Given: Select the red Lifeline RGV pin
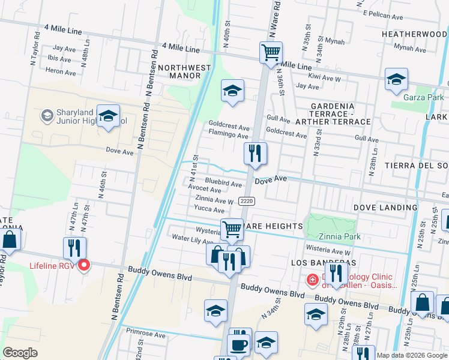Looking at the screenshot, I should point(84,265).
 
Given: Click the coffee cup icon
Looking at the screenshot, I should point(238,346).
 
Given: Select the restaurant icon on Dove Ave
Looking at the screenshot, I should point(256,154).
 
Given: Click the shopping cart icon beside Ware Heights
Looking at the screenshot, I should point(232,229).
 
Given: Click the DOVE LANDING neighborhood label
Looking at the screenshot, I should point(385,208).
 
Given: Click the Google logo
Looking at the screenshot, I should point(20,353).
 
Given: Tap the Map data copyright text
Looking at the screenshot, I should point(411,355).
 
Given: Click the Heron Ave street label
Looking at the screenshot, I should point(60,71).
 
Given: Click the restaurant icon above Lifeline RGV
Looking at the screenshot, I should point(75,248).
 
